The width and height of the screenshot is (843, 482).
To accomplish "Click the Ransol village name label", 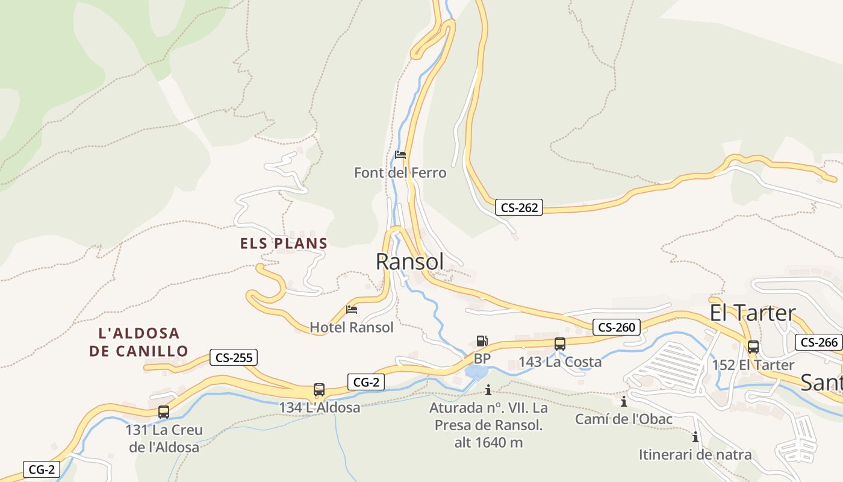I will pyautogui.click(x=409, y=261).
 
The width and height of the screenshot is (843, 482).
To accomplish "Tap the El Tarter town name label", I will pyautogui.click(x=753, y=313).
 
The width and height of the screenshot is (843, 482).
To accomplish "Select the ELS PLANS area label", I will pyautogui.click(x=284, y=243).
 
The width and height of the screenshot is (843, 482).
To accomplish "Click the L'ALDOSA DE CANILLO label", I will pyautogui.click(x=138, y=342).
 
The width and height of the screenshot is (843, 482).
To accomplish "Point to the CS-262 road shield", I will pyautogui.click(x=519, y=208).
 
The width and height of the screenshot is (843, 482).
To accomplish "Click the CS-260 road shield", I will pyautogui.click(x=617, y=328).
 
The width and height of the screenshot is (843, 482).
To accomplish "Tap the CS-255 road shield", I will pyautogui.click(x=234, y=357).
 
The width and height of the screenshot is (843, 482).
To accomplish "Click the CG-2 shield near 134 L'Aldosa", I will pyautogui.click(x=366, y=381).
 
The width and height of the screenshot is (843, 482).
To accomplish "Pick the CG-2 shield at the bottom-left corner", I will pyautogui.click(x=42, y=469).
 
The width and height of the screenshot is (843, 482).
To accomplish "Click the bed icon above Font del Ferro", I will pyautogui.click(x=400, y=155).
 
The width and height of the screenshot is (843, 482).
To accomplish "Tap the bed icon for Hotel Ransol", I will pyautogui.click(x=352, y=310).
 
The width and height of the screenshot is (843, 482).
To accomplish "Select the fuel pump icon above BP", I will pyautogui.click(x=482, y=341).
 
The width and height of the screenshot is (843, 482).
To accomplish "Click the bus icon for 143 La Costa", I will pyautogui.click(x=560, y=344).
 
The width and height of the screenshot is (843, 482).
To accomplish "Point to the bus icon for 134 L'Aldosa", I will pyautogui.click(x=319, y=390).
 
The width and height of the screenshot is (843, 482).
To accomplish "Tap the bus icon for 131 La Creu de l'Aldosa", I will pyautogui.click(x=164, y=412).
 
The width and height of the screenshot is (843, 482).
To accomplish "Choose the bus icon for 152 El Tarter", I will pyautogui.click(x=753, y=347).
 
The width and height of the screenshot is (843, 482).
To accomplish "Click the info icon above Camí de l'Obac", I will pyautogui.click(x=624, y=401).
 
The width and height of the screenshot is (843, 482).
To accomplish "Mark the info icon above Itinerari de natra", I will pyautogui.click(x=695, y=437).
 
